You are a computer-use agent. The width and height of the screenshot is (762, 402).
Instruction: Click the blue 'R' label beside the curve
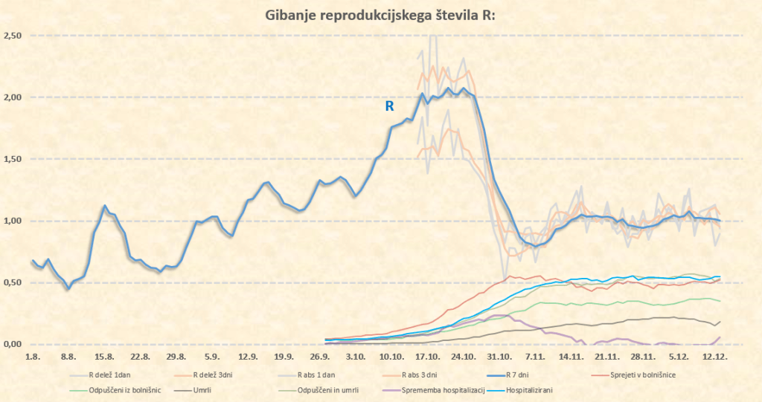389,106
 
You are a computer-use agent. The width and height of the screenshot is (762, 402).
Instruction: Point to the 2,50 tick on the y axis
13,36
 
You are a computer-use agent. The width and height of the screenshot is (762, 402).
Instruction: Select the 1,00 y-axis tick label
13,221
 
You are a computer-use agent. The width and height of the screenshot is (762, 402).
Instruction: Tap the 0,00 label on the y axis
13,344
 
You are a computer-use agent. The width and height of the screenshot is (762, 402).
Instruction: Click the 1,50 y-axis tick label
13,159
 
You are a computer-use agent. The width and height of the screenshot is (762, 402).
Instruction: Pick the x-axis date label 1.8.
33,357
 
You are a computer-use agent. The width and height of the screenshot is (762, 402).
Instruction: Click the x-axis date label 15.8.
104,357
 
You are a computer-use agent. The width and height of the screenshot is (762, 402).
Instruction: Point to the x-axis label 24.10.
463,357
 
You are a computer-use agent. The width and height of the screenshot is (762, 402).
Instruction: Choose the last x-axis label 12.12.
714,357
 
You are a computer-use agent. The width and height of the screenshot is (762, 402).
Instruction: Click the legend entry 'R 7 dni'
528,375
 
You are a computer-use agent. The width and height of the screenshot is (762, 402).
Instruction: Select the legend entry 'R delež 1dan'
112,375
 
